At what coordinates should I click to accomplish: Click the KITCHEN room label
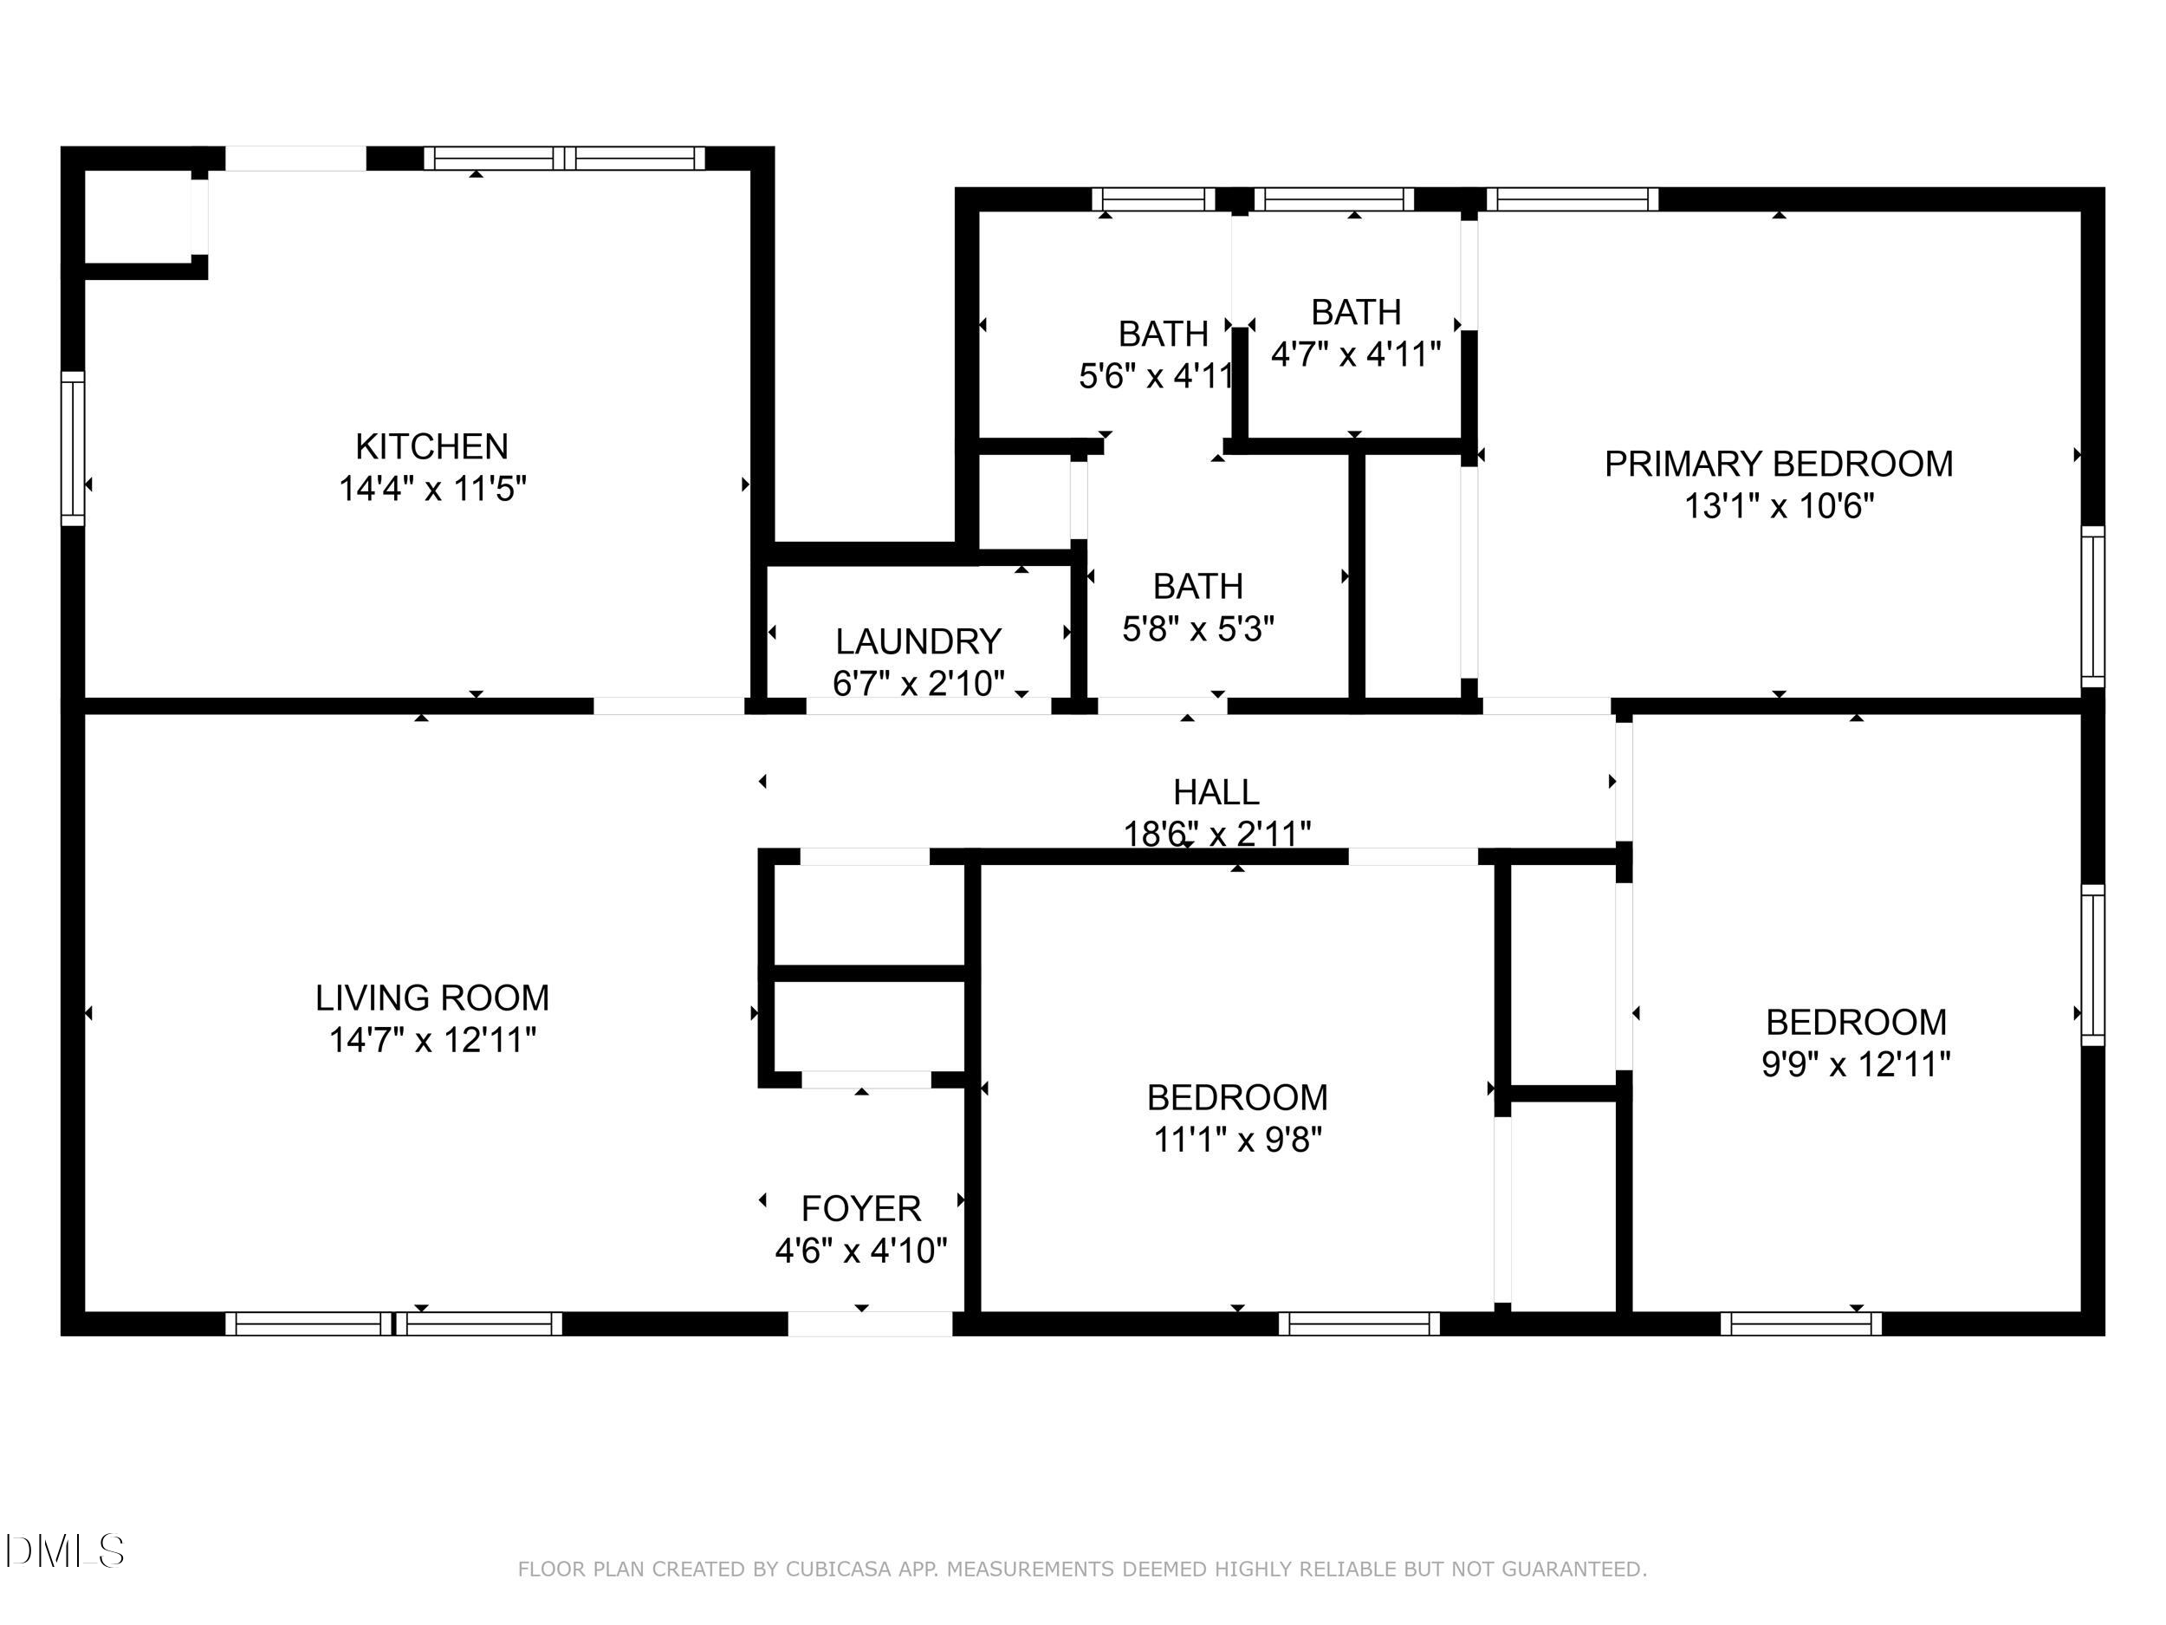click(x=431, y=446)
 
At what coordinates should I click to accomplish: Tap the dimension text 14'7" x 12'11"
click(x=431, y=1039)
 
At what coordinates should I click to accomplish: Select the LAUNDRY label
click(x=918, y=641)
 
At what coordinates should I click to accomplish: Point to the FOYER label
click(x=860, y=1209)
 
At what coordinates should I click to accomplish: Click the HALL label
click(x=1216, y=791)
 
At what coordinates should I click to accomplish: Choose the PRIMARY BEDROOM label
click(x=1778, y=465)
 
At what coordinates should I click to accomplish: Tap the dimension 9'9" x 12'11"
click(x=1856, y=1063)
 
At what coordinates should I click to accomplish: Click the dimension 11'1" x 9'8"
click(x=1238, y=1139)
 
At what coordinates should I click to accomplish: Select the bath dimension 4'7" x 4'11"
click(x=1355, y=354)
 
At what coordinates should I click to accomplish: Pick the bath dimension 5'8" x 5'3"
click(x=1197, y=627)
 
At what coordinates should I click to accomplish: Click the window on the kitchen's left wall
click(x=74, y=448)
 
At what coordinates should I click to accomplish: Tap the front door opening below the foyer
click(x=870, y=1323)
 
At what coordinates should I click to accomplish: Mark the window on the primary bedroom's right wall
click(x=2091, y=607)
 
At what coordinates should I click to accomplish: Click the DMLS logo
click(x=65, y=1550)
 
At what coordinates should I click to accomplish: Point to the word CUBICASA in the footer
click(x=837, y=1570)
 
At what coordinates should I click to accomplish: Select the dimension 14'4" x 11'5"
click(x=431, y=488)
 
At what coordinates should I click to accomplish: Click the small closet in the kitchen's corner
click(x=137, y=216)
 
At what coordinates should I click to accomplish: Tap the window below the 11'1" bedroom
click(x=1359, y=1323)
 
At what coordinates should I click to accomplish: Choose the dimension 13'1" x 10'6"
click(x=1778, y=506)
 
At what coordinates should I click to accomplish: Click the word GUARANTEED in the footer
click(x=1573, y=1570)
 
